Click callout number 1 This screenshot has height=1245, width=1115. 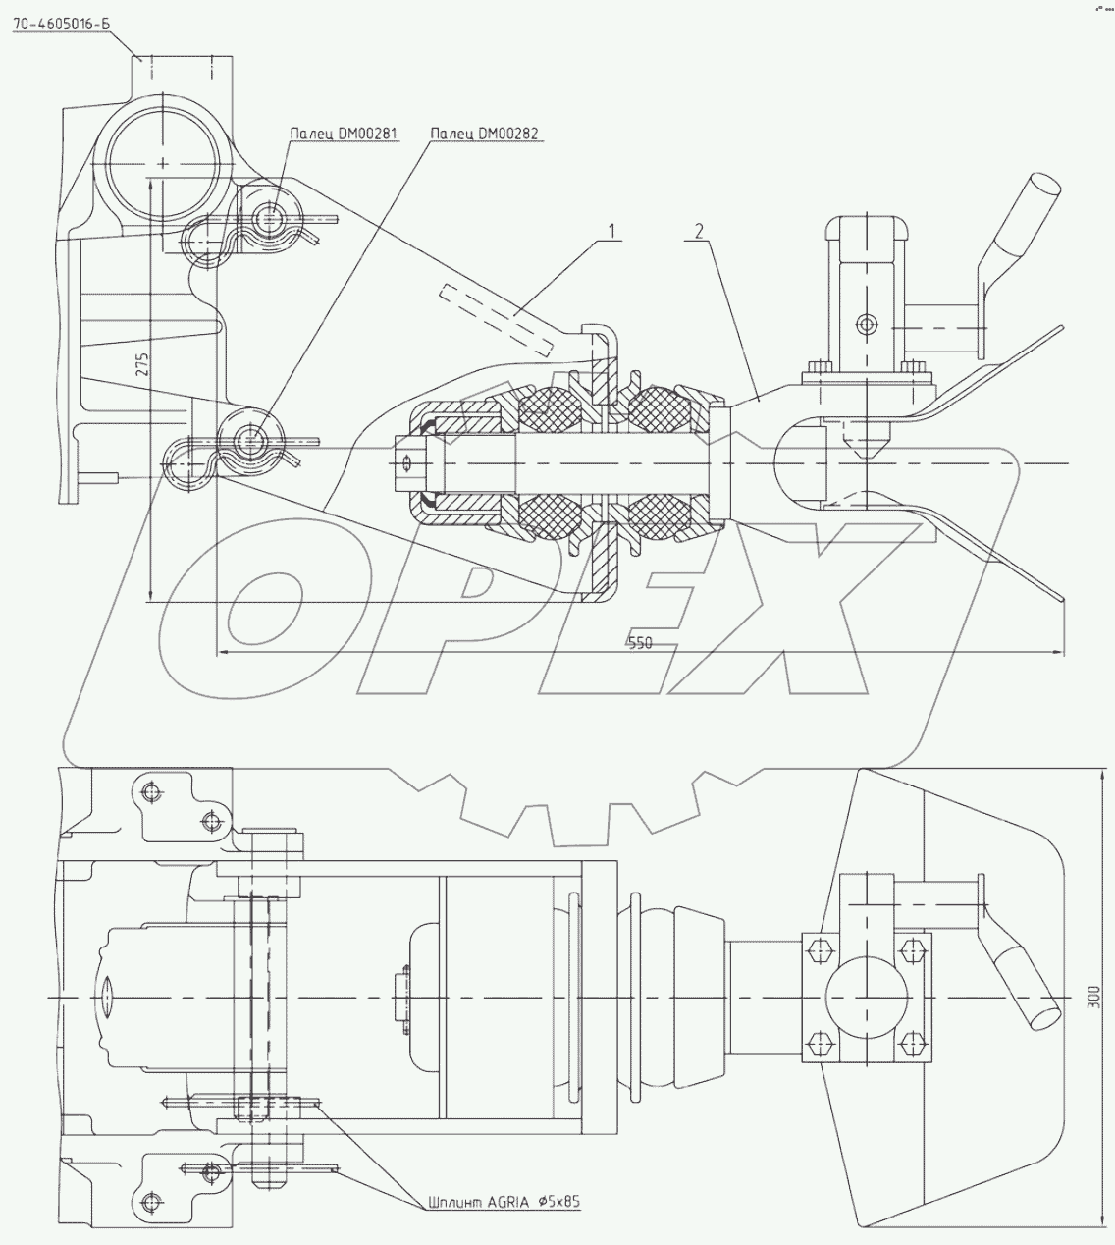pos(611,232)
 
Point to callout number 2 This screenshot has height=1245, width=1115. pos(698,232)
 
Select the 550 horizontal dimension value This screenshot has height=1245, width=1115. pos(639,643)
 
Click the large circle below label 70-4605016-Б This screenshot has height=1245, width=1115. pos(161,162)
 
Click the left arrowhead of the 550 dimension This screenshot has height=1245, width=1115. pos(223,651)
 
